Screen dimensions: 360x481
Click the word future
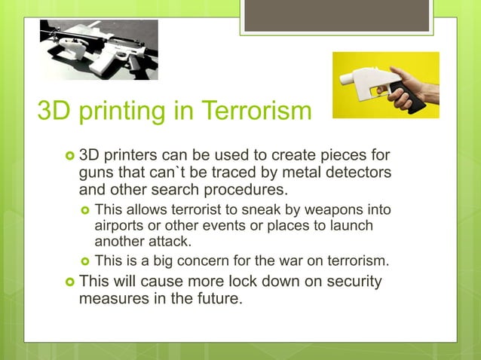click(x=216, y=298)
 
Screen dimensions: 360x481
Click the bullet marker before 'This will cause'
click(x=69, y=282)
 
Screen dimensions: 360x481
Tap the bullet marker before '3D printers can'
click(x=69, y=156)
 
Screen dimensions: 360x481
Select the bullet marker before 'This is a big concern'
click(x=85, y=262)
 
